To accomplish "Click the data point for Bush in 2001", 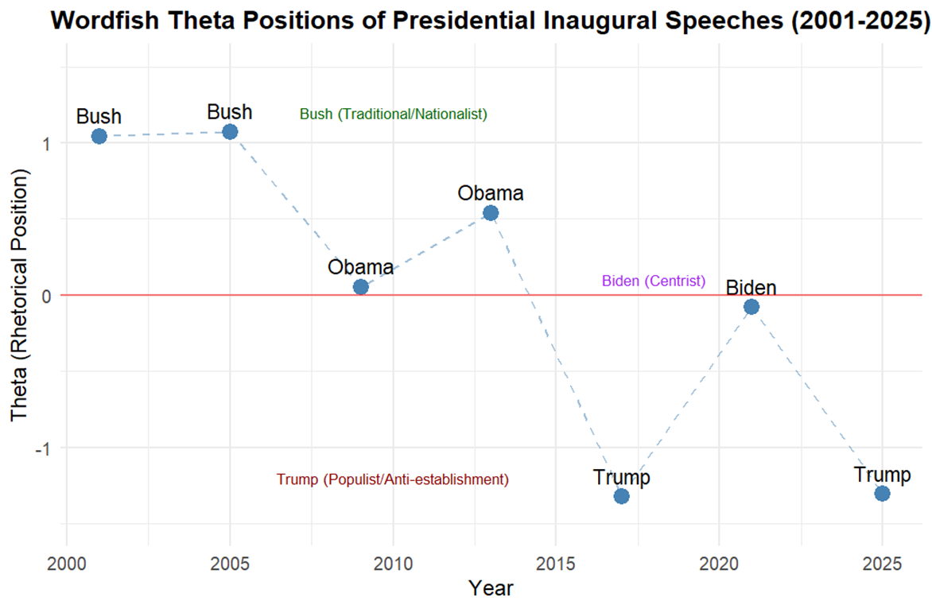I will [99, 136].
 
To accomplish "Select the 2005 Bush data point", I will [230, 131].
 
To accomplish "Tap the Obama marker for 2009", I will [360, 287].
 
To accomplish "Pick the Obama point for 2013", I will [491, 213].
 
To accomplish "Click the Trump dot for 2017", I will [622, 496].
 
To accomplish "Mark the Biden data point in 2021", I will [751, 307].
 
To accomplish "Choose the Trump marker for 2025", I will [882, 494].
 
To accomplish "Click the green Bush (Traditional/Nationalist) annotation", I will [393, 114].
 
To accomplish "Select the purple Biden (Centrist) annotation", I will [654, 281].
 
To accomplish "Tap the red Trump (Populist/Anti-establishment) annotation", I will [393, 480].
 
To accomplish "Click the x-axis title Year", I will [491, 589].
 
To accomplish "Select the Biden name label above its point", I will [751, 288].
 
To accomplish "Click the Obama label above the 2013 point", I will [491, 193].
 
